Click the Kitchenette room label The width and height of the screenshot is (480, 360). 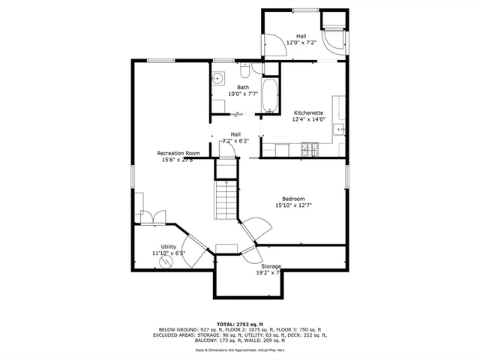click(308, 112)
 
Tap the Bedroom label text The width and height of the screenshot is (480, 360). click(293, 199)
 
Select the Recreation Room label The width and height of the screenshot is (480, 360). click(178, 153)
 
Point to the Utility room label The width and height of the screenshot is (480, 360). click(169, 247)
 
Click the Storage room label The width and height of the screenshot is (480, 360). click(271, 266)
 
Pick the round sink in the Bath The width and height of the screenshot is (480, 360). click(219, 78)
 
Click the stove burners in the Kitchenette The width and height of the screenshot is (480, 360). click(308, 152)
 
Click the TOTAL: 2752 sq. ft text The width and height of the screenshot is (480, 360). click(240, 323)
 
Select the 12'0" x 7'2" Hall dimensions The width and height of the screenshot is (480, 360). click(301, 43)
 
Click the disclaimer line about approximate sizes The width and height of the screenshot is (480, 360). click(240, 350)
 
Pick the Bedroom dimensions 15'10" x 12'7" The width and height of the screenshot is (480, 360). click(293, 205)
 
